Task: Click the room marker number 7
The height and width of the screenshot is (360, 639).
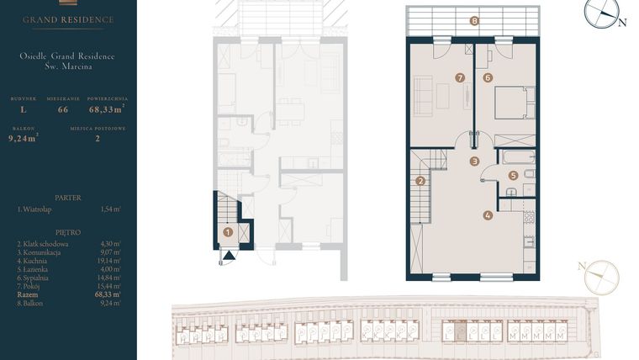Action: click(460, 77)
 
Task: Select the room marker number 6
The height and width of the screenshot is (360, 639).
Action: click(488, 77)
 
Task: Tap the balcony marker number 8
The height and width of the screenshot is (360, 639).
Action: click(474, 21)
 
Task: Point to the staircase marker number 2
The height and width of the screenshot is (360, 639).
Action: click(420, 180)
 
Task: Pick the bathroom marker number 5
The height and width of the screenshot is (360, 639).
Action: click(514, 176)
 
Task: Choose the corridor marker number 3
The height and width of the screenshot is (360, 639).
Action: click(474, 161)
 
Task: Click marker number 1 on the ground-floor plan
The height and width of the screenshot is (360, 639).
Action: click(227, 231)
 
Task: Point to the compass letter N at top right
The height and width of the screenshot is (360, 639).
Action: click(622, 24)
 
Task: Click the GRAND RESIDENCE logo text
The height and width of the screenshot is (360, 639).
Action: click(68, 19)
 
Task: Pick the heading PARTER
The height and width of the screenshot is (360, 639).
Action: click(68, 197)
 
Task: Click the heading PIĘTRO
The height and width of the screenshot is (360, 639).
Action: click(68, 231)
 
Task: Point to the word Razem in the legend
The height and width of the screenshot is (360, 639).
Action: click(28, 294)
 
